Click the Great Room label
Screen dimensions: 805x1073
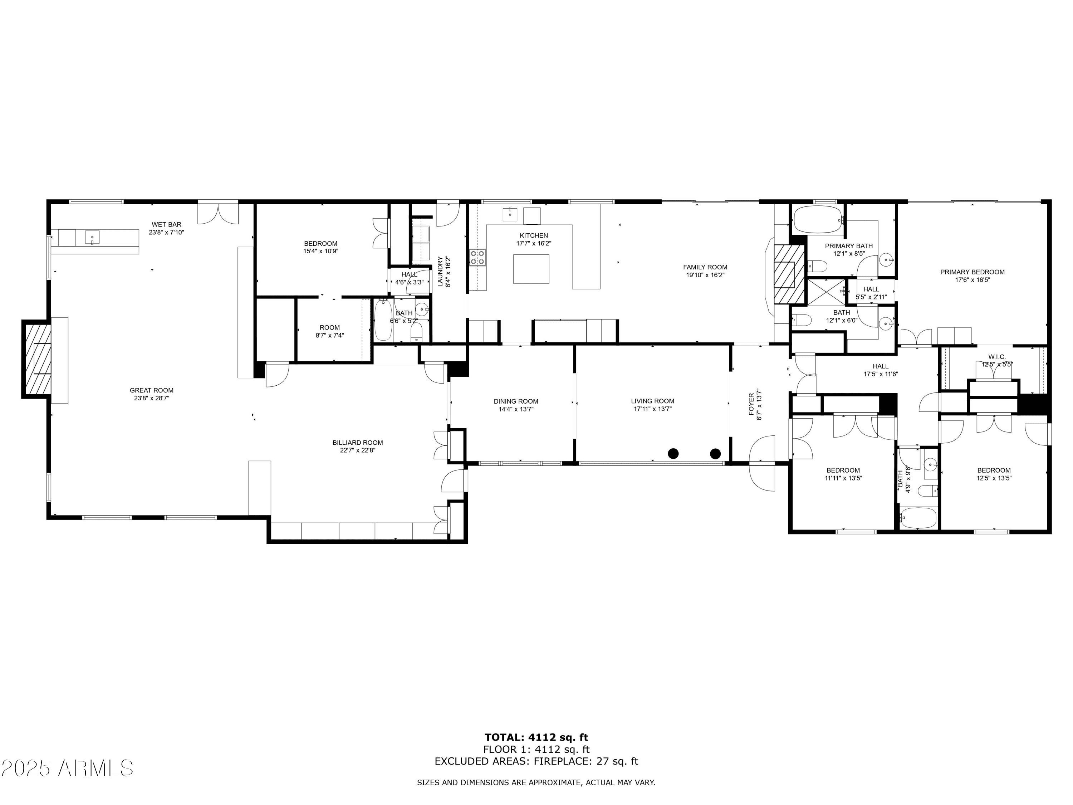coord(151,390)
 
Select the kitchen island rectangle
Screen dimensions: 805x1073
coord(531,269)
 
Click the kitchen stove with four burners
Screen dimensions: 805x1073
coord(477,257)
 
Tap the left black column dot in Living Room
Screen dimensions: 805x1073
coord(673,454)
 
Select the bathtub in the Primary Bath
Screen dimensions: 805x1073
coord(817,220)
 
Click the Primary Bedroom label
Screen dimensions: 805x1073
coord(972,272)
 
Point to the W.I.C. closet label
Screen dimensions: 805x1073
coord(997,357)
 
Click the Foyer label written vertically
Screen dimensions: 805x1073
coord(751,404)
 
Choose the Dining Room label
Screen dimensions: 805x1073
coord(516,401)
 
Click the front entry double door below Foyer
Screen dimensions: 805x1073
coord(762,463)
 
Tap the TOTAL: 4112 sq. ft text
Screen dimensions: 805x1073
coord(536,737)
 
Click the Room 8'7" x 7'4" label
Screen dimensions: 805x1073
coord(329,331)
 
